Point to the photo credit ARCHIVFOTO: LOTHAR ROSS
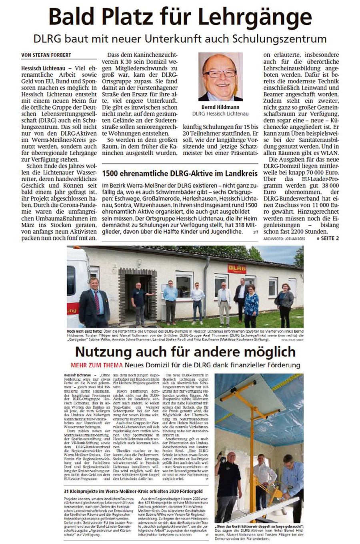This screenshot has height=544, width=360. coord(284,238)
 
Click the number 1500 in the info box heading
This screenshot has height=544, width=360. coord(112,174)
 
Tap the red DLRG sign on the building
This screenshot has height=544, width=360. coord(237,268)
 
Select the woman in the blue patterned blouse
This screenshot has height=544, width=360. coord(251,304)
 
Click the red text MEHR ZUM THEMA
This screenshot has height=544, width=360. coord(96,365)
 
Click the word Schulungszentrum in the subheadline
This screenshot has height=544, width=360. coord(285,39)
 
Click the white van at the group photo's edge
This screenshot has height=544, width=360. coord(76,280)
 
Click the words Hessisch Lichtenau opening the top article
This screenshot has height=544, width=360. coord(44,68)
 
